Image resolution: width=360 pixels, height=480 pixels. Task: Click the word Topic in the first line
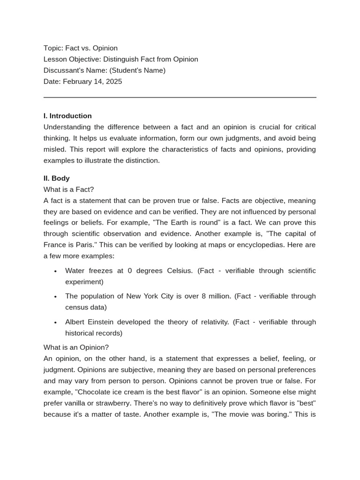52,48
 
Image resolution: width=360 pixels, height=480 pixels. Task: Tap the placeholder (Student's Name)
137,70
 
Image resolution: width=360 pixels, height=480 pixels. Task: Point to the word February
78,82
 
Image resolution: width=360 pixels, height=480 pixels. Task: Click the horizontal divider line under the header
180,97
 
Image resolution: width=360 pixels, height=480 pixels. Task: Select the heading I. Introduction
67,116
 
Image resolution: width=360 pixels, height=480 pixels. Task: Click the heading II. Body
57,178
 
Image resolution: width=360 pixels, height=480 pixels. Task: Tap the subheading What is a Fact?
68,189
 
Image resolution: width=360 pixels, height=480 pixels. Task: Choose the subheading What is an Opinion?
76,347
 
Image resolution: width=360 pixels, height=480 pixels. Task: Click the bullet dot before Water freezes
55,271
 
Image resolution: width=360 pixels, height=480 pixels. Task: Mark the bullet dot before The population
55,297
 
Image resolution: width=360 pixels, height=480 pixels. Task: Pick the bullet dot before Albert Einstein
55,322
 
